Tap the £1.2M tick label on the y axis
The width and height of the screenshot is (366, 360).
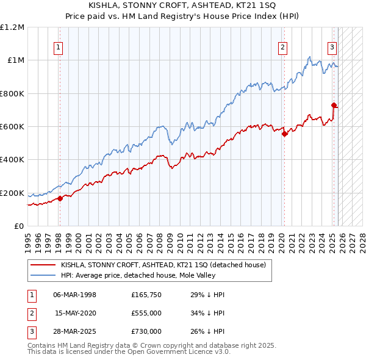[x=12, y=27]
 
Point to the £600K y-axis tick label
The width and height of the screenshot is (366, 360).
[x=12, y=127]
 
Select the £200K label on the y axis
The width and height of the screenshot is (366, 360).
[x=12, y=193]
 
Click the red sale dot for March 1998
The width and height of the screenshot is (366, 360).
[x=60, y=198]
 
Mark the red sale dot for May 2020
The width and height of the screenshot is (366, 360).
[x=284, y=134]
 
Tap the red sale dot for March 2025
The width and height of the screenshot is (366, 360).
[x=334, y=105]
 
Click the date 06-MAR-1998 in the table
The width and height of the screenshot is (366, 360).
[x=75, y=295]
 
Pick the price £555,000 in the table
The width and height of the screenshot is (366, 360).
[x=146, y=313]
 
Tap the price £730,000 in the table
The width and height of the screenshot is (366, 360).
[x=146, y=331]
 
